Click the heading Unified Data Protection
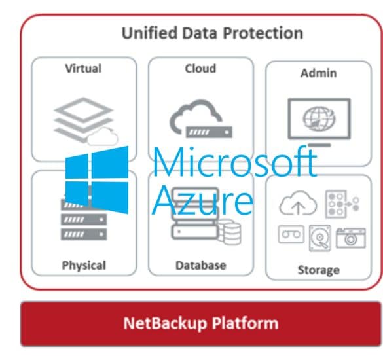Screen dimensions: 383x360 tap(212, 33)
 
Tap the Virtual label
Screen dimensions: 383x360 tap(83, 69)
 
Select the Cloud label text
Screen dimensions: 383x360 tap(200, 69)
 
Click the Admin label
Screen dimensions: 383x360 tap(319, 73)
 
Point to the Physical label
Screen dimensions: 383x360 tap(84, 266)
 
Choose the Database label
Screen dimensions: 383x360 tap(201, 266)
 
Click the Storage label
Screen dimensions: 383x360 tap(319, 270)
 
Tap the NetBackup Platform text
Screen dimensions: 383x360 tap(201, 323)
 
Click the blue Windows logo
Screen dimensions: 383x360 tap(97, 180)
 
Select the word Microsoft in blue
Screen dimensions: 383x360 tap(235, 162)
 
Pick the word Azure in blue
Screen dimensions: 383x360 tap(203, 200)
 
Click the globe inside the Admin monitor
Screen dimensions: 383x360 tap(319, 119)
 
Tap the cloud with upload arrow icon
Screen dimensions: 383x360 tap(298, 203)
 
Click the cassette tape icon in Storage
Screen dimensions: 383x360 tap(291, 234)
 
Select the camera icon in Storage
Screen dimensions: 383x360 tap(351, 238)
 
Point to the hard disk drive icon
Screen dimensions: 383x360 tap(320, 238)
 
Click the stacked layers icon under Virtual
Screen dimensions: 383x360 tap(84, 120)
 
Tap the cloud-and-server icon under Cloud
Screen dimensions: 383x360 tap(201, 119)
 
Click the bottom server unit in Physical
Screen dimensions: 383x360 tap(84, 234)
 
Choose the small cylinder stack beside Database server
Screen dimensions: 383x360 tap(230, 233)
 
